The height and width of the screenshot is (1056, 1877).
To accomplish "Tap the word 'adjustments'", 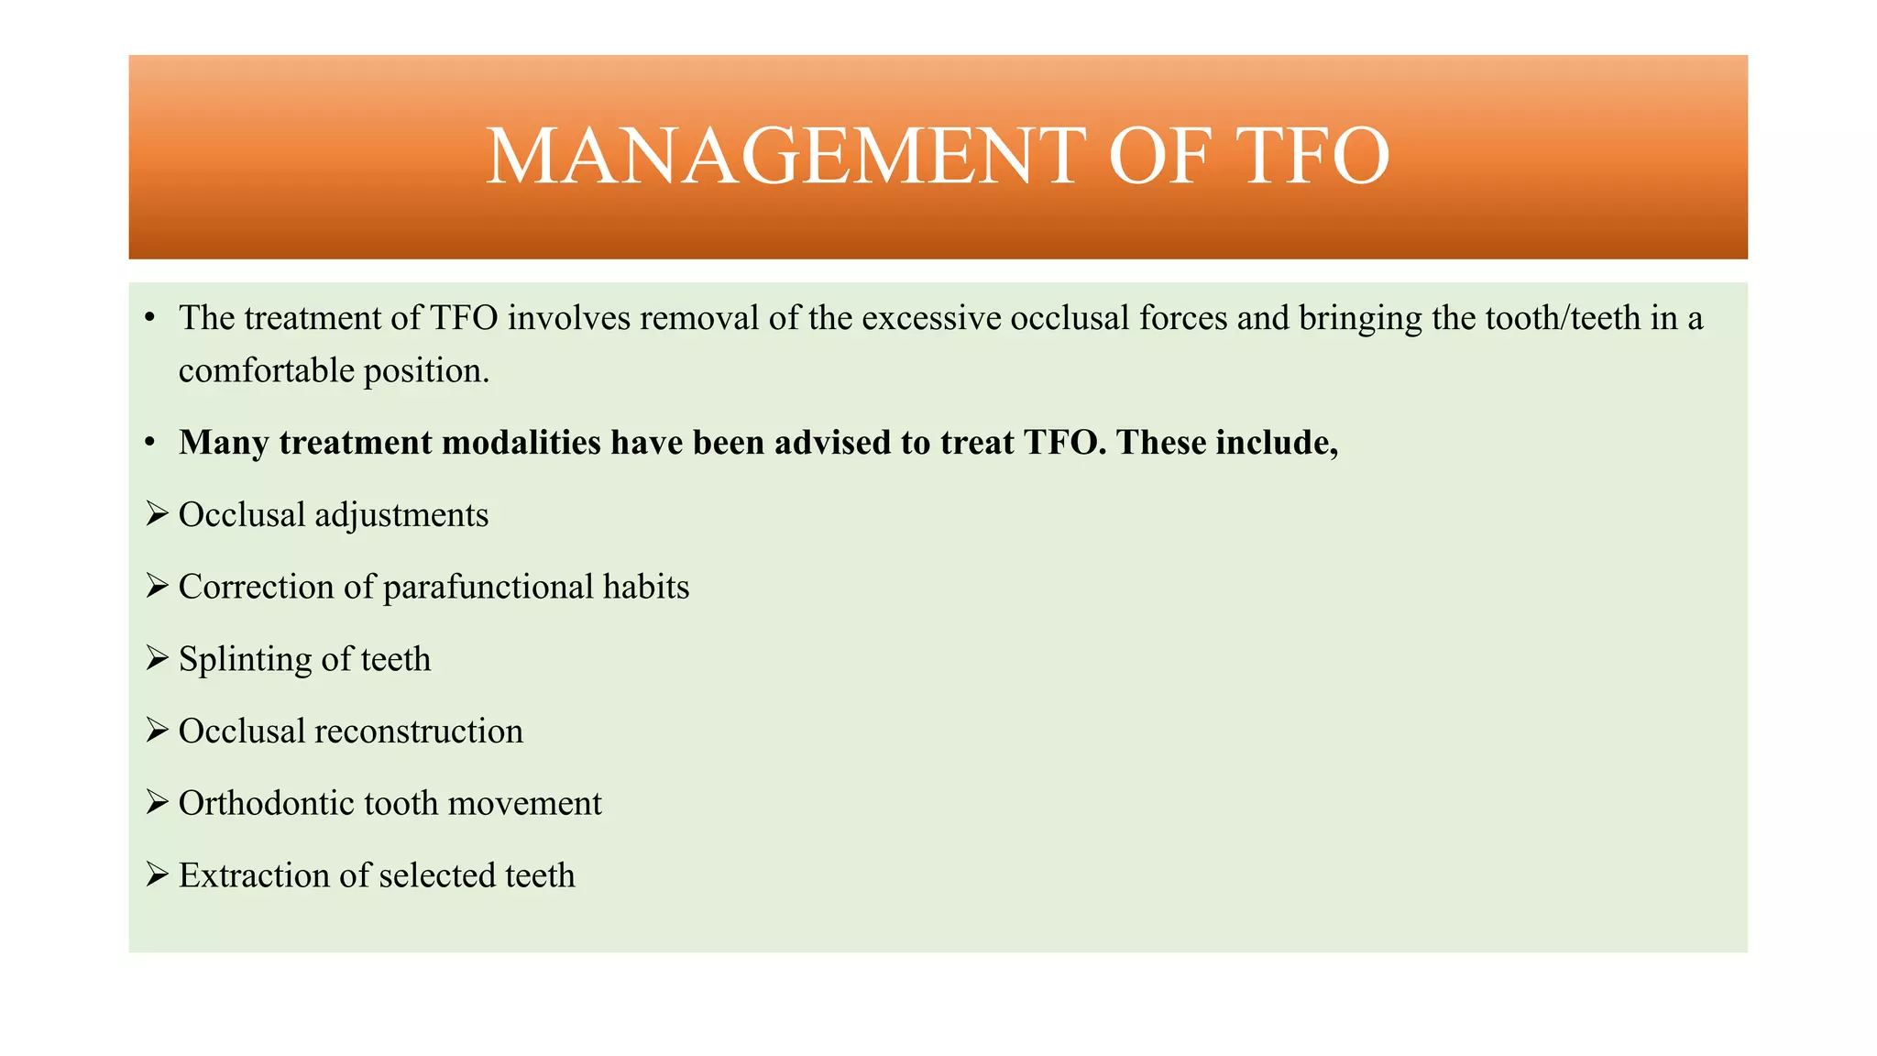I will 401,516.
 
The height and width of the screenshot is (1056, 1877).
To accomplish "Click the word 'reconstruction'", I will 419,731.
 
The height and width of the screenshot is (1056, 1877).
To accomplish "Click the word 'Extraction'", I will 255,875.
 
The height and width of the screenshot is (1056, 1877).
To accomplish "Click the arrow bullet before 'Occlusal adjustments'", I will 157,514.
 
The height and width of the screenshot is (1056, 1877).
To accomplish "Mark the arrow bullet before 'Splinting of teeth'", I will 157,658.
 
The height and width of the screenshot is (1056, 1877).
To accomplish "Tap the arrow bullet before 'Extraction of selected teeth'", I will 157,874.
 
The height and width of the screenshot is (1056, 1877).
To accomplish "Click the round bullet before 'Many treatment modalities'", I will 150,444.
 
